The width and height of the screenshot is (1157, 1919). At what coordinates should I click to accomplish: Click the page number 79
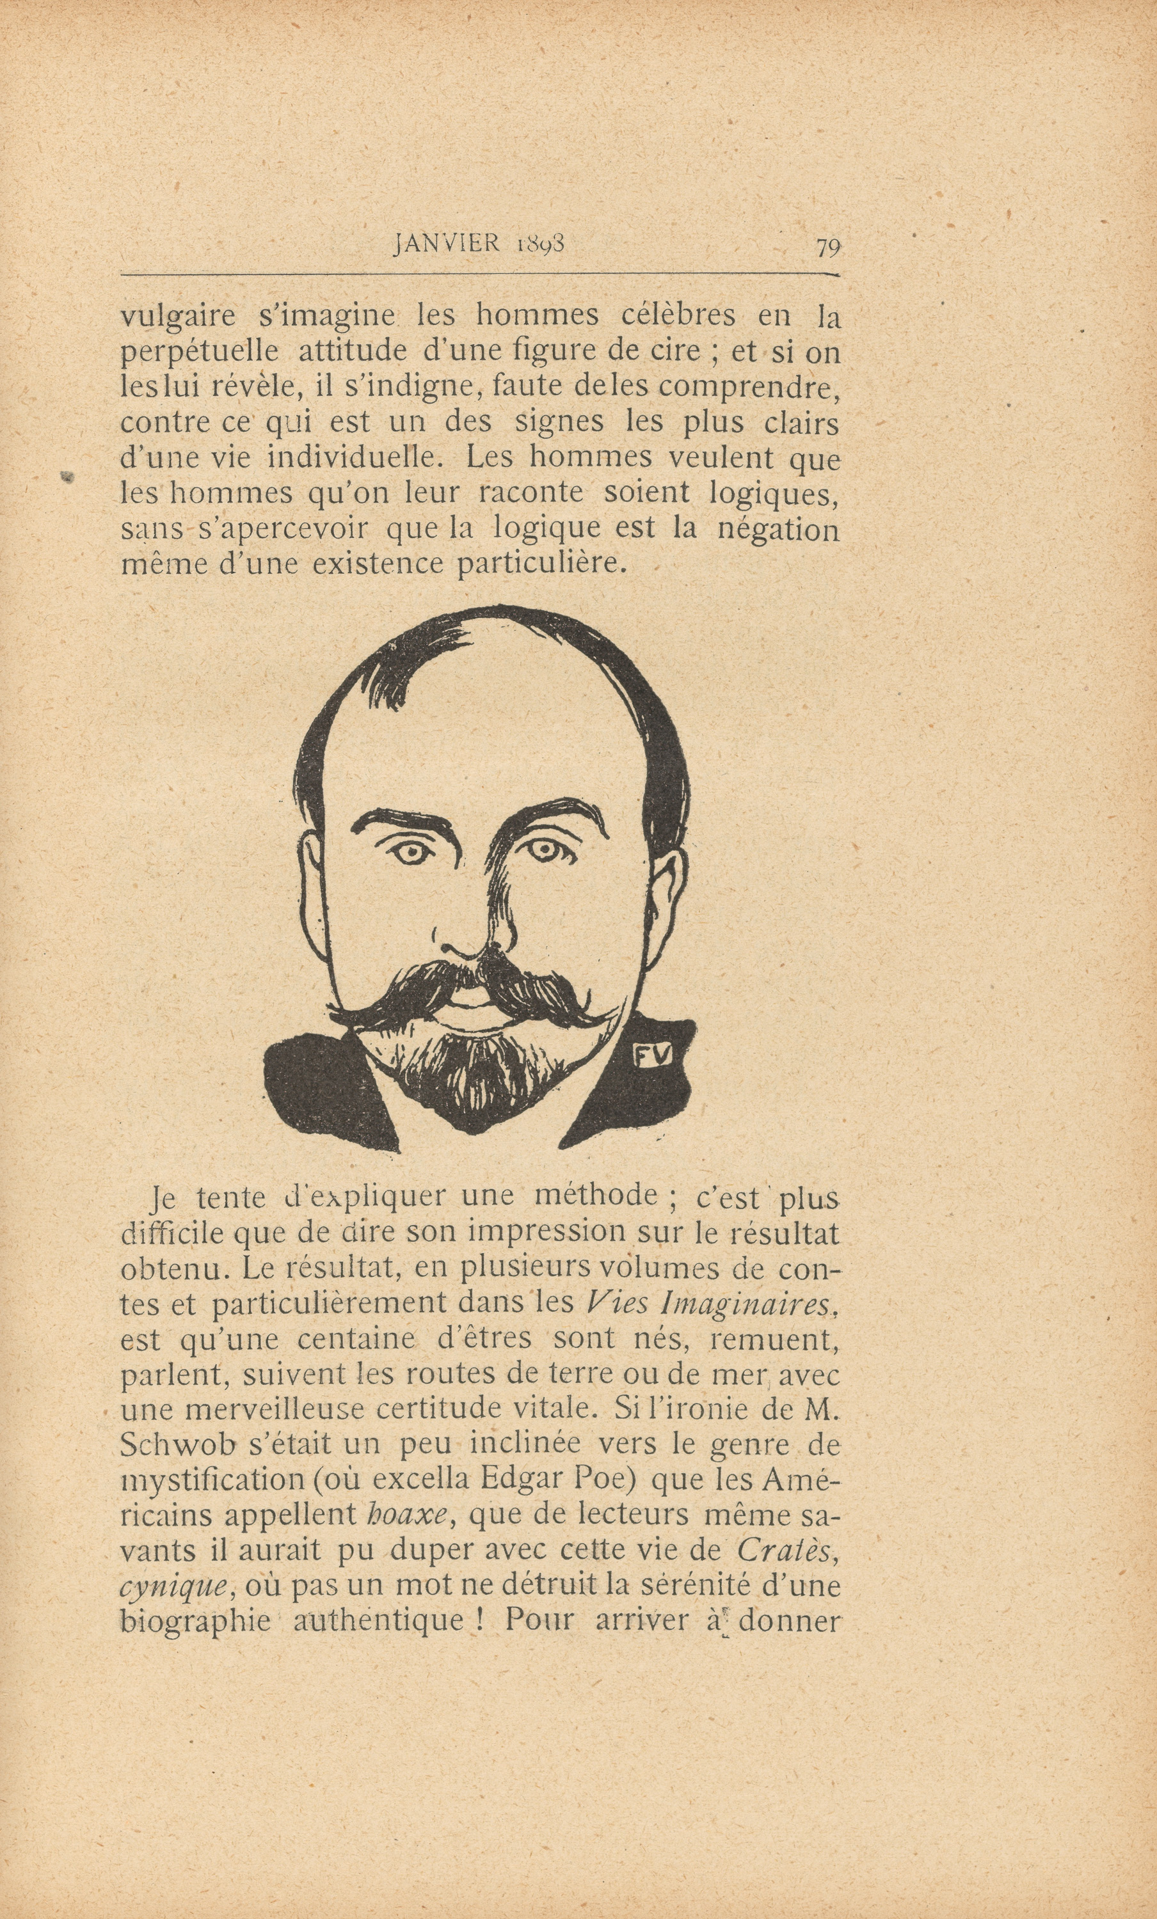(x=827, y=247)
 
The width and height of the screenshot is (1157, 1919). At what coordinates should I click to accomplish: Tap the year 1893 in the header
(x=540, y=244)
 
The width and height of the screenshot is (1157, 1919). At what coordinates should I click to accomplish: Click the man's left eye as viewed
(x=411, y=853)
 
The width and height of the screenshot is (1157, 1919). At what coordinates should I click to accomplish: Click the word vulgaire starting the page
(x=178, y=317)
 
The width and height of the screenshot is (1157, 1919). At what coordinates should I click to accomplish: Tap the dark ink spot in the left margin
(x=68, y=476)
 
